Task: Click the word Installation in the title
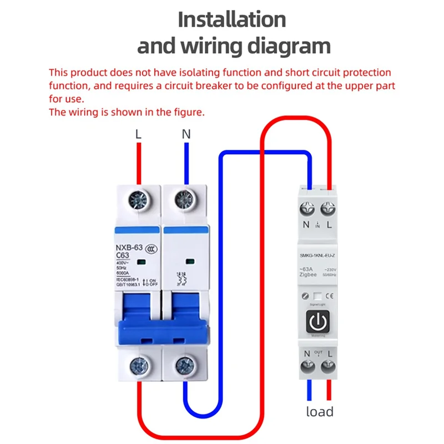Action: pos(231,19)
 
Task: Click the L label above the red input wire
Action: pos(139,134)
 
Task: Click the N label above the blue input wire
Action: pos(186,134)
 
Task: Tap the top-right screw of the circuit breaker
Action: pos(185,199)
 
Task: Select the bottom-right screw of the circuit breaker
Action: pos(185,366)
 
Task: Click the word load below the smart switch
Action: pos(320,411)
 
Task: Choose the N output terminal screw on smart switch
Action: pos(307,366)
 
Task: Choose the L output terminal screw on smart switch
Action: pos(329,366)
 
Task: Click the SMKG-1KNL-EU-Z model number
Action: pos(318,255)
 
